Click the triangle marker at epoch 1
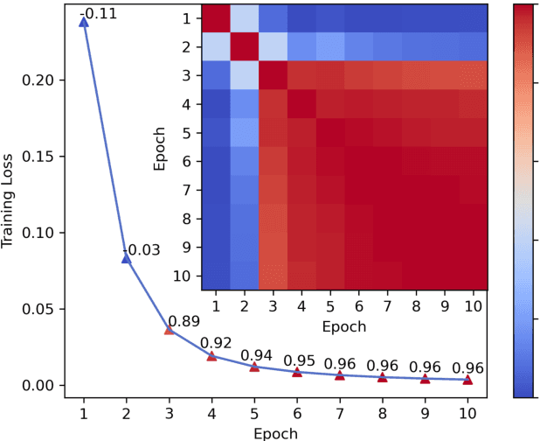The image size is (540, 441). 84,22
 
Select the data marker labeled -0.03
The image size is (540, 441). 127,258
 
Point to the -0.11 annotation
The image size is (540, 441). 102,12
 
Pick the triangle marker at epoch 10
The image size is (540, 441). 467,379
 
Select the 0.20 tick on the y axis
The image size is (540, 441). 40,80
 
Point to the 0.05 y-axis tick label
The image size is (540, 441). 40,309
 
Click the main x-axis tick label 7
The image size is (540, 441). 339,412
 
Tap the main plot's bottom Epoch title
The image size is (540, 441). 275,432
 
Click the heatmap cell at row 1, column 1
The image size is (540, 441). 216,17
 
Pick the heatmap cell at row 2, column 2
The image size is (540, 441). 245,45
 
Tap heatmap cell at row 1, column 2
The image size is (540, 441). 245,17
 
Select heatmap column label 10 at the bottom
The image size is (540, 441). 472,307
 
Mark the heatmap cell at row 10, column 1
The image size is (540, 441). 216,275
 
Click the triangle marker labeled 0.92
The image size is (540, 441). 211,356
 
